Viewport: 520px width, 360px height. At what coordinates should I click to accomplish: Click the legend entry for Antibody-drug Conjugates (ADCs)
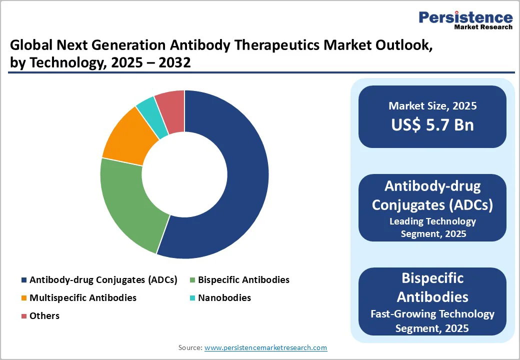[x=103, y=280]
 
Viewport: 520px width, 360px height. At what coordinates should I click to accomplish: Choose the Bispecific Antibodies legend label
[x=243, y=280]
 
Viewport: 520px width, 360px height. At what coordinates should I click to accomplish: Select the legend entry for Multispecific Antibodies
[x=82, y=298]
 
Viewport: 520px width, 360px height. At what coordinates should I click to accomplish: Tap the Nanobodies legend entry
[x=224, y=298]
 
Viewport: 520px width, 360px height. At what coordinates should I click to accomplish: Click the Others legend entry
[x=44, y=316]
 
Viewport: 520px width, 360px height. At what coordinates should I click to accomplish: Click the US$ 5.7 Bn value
[x=432, y=124]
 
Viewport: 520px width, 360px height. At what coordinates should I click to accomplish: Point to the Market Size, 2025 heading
[x=432, y=106]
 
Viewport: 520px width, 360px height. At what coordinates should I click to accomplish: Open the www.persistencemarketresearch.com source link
[x=265, y=347]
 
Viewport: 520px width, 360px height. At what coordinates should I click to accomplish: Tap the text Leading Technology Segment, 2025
[x=432, y=227]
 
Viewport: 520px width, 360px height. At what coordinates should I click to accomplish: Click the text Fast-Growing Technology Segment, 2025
[x=432, y=321]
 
